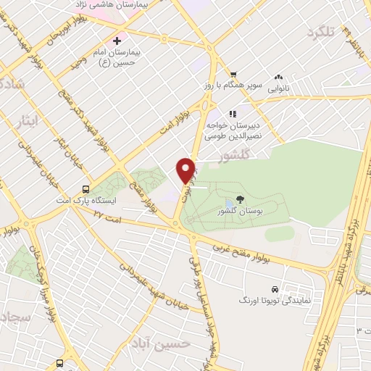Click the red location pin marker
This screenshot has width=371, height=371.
[x=185, y=170]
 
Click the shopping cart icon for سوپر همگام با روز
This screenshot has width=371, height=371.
[x=233, y=75]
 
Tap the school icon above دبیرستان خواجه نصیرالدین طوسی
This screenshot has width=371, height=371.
[x=233, y=114]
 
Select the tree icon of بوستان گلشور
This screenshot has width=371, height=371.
[x=240, y=199]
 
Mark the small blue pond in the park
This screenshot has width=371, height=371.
[x=229, y=202]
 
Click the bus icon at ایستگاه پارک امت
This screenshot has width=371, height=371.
[x=86, y=185]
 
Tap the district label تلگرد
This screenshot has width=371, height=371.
[x=322, y=33]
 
